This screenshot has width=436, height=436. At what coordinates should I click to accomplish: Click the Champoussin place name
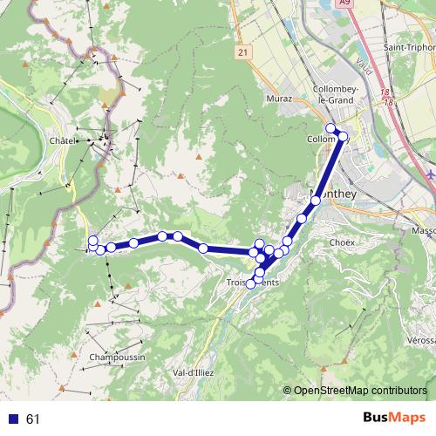(x=116, y=357)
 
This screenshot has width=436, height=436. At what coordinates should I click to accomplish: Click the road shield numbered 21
(x=242, y=53)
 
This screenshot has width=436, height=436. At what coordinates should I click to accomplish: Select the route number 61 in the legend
(x=33, y=419)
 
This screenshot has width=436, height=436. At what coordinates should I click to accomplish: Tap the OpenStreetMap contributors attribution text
(x=359, y=391)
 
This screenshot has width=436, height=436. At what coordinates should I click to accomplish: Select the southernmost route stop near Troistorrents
(x=251, y=283)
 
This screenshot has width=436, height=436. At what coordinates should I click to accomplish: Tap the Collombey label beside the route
(x=321, y=140)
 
